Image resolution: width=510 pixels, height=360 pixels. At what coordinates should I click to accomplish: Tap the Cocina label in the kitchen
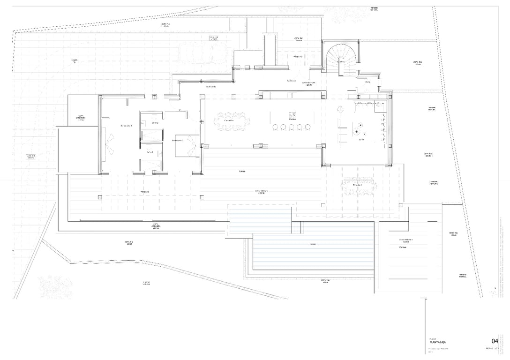tap(292, 120)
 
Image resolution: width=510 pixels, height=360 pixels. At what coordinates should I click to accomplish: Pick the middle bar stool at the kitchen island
tap(291, 127)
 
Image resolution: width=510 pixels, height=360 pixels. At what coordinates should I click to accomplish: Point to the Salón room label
tap(361, 139)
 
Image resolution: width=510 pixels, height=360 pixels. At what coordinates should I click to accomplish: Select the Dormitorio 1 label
tap(126, 126)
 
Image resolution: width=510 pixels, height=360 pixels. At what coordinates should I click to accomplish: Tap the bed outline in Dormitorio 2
tap(185, 145)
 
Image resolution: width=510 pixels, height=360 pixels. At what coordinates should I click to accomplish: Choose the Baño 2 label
tap(155, 123)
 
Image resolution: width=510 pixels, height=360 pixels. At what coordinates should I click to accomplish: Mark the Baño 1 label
tap(150, 152)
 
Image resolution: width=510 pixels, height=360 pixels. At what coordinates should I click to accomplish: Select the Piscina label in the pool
tap(312, 244)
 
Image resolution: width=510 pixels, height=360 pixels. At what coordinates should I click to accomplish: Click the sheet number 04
tap(495, 341)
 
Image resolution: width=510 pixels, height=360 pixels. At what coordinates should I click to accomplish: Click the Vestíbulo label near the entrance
tap(292, 81)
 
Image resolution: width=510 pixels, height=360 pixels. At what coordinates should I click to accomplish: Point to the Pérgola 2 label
tap(298, 56)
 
